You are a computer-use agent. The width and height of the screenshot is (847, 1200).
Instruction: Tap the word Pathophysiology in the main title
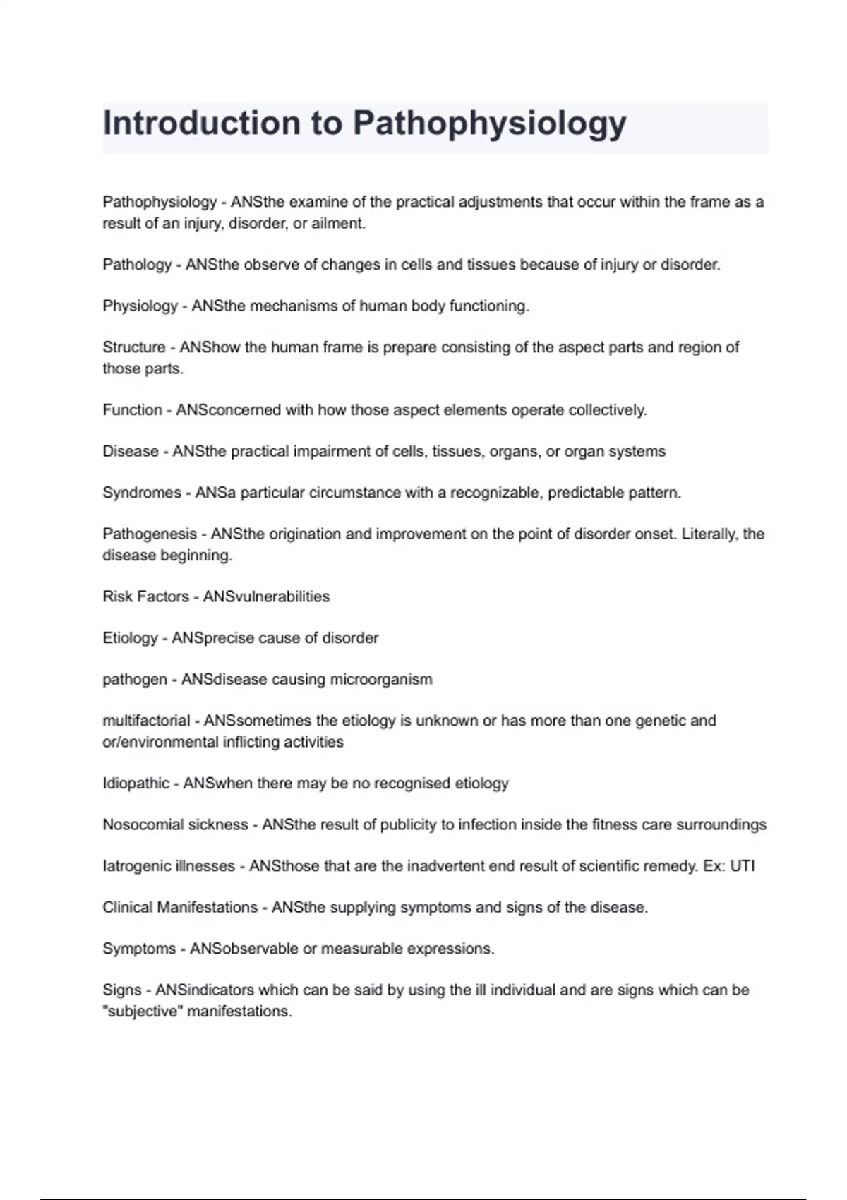pyautogui.click(x=489, y=124)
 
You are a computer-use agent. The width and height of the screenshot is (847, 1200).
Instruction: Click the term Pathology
pyautogui.click(x=137, y=265)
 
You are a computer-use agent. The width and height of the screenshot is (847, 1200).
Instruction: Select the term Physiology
pyautogui.click(x=140, y=306)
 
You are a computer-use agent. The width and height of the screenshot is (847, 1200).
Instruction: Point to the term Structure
pyautogui.click(x=133, y=347)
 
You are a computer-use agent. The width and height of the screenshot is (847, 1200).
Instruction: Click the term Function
pyautogui.click(x=132, y=410)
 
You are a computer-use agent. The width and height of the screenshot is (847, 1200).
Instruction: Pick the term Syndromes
pyautogui.click(x=142, y=493)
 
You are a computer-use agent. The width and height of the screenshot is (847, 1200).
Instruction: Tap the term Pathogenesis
pyautogui.click(x=150, y=534)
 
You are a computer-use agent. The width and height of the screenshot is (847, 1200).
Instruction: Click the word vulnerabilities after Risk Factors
pyautogui.click(x=277, y=596)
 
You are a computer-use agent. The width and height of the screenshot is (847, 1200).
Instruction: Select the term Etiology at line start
pyautogui.click(x=130, y=638)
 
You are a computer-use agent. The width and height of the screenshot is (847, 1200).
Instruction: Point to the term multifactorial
pyautogui.click(x=146, y=721)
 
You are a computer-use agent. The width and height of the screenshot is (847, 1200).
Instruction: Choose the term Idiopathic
pyautogui.click(x=136, y=784)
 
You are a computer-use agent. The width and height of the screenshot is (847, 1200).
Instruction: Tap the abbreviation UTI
pyautogui.click(x=742, y=866)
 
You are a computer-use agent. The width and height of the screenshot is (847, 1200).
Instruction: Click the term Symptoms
pyautogui.click(x=139, y=949)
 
